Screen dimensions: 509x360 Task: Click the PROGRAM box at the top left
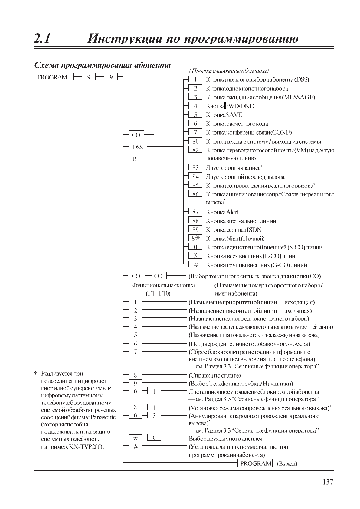point(54,77)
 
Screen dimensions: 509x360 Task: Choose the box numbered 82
point(195,150)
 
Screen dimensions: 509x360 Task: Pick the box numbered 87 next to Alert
point(195,212)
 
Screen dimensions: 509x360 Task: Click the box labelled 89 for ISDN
point(195,230)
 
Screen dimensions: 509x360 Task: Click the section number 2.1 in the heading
point(43,39)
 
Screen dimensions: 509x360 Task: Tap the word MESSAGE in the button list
point(299,97)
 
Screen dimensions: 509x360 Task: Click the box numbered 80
point(195,141)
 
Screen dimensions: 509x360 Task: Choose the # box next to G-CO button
point(195,265)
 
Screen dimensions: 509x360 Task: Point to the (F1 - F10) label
point(158,293)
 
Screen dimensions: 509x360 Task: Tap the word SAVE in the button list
point(234,115)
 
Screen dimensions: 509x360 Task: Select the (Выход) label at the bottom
point(287,464)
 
